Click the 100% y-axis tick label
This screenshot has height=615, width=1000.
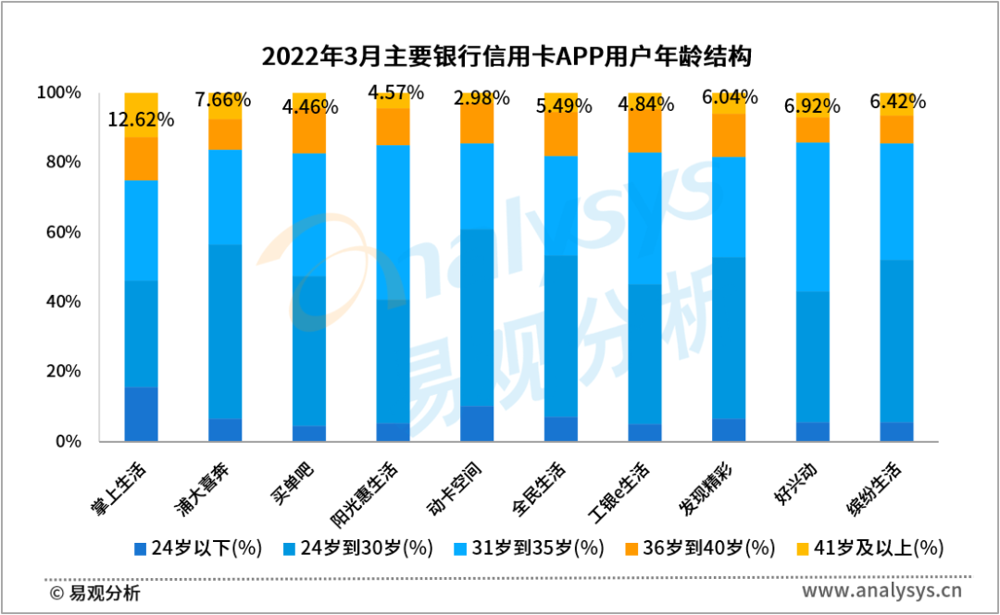(58, 92)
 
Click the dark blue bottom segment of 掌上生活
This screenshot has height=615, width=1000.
(141, 414)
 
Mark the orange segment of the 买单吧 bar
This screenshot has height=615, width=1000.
(309, 124)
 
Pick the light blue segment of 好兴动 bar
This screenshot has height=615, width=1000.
(813, 216)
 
